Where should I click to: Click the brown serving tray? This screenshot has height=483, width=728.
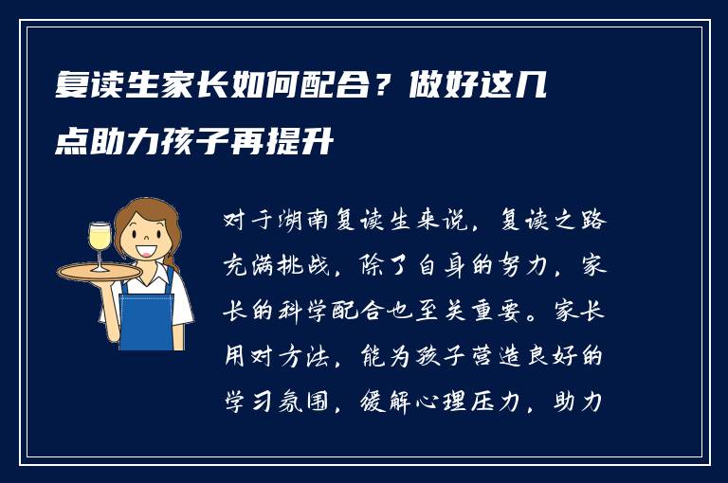tap(99, 271)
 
